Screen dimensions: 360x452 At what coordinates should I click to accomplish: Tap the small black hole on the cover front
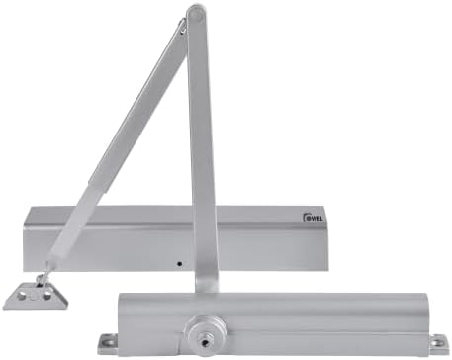click(x=179, y=263)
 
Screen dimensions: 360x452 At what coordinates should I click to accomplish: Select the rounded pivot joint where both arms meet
click(x=196, y=15)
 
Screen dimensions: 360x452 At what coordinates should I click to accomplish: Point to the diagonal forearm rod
click(x=119, y=138)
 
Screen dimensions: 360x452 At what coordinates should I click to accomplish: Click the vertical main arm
click(x=202, y=148)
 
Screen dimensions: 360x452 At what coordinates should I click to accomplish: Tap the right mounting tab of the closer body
click(x=436, y=343)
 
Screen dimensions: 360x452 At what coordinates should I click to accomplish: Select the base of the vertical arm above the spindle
click(x=207, y=283)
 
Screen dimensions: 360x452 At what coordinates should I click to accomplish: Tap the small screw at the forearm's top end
click(x=183, y=31)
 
